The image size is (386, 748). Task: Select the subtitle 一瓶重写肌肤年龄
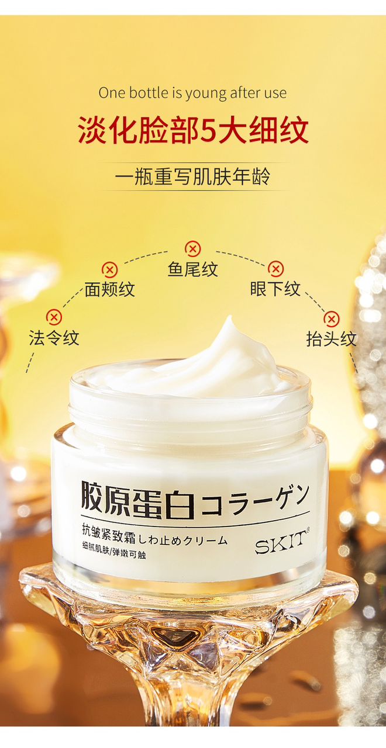(192, 176)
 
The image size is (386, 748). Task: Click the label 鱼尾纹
(193, 269)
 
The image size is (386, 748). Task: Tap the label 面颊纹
(109, 289)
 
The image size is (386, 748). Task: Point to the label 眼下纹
(275, 289)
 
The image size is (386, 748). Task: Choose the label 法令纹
(54, 337)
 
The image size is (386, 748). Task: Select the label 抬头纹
(331, 340)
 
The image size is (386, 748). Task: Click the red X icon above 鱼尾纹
(192, 249)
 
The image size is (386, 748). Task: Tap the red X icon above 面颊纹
(109, 269)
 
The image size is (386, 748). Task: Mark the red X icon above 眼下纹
(275, 269)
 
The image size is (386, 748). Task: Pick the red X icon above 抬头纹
(331, 319)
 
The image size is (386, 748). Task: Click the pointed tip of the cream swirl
(230, 316)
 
